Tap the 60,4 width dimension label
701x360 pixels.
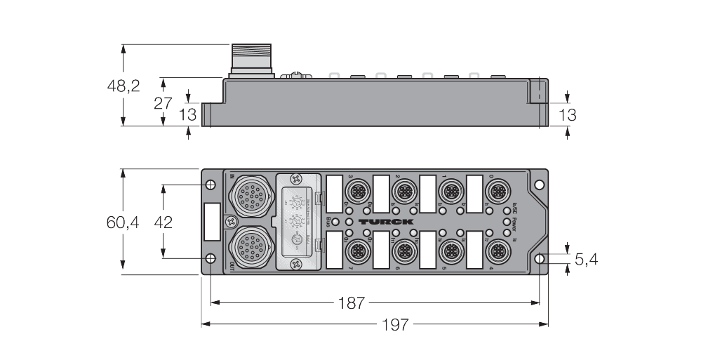coord(123,222)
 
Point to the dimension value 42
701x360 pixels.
coord(163,222)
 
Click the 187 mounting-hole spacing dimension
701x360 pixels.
coord(351,303)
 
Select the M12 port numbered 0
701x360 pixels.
coord(499,191)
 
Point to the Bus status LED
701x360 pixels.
coord(336,222)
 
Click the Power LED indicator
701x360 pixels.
coord(506,222)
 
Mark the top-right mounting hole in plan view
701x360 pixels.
coord(539,185)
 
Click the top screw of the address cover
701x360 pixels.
coord(297,180)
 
